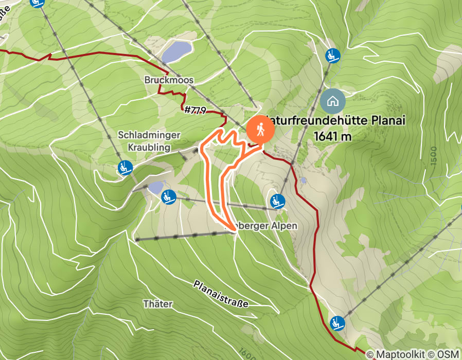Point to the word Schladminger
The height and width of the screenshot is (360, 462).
(x=149, y=135)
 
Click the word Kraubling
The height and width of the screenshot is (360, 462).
(x=149, y=147)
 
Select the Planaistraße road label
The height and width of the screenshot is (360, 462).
(x=221, y=294)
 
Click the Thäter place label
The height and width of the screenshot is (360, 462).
(x=158, y=303)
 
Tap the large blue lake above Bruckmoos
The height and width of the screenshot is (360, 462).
(x=176, y=51)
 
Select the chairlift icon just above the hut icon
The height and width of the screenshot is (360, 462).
(x=332, y=55)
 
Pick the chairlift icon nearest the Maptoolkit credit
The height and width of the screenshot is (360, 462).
(x=337, y=323)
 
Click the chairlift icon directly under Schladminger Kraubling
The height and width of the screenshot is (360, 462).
(x=124, y=168)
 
